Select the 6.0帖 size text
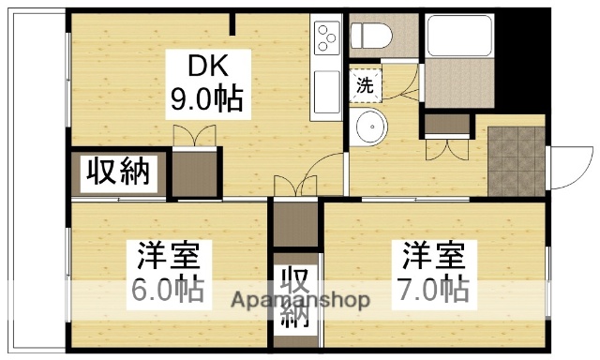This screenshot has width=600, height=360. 164,290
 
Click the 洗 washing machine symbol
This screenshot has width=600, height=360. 364,84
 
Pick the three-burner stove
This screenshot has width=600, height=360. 327,38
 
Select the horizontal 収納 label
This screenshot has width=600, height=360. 119,172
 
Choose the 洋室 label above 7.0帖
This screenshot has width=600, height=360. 433,255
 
